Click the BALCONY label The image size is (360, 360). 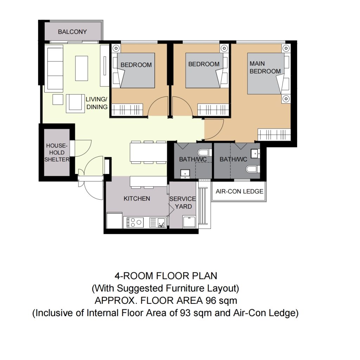72,32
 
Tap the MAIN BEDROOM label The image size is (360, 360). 265,67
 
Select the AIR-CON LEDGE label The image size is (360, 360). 239,191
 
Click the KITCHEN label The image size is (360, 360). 137,198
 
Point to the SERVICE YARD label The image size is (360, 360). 183,202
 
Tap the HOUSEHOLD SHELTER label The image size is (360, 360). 57,153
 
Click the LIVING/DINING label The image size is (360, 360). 96,103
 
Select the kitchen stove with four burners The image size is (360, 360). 133,222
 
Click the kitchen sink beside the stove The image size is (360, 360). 157,222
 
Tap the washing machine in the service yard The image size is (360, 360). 189,222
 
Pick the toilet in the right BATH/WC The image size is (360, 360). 253,169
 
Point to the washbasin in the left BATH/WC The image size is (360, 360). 185,174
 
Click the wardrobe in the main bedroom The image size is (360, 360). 274,134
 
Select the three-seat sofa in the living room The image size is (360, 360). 54,68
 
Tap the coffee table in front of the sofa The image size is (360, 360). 82,68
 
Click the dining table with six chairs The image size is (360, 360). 148,152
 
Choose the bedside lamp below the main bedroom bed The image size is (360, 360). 286,99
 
